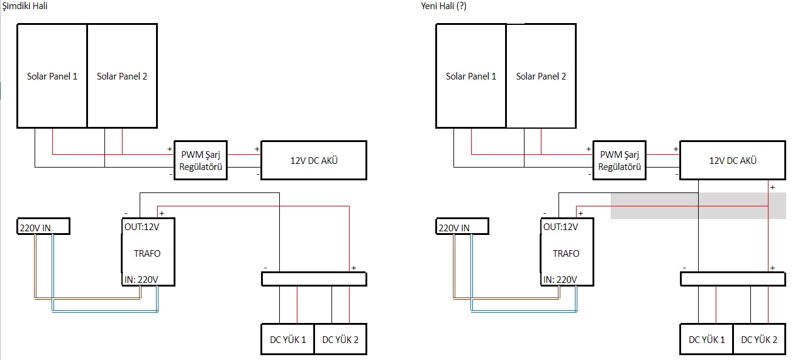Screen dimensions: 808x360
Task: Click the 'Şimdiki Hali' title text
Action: coord(25,6)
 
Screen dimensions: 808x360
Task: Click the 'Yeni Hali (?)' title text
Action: coord(443,6)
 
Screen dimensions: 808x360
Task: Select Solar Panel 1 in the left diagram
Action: coord(52,76)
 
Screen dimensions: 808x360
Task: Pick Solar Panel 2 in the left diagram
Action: coord(122,76)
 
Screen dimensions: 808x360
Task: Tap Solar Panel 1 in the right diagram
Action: coord(471,76)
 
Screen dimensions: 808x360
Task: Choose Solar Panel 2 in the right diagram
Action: coord(541,76)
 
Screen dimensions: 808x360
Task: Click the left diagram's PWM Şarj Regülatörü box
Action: coord(200,160)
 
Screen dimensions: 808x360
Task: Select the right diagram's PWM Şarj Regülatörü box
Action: coord(619,160)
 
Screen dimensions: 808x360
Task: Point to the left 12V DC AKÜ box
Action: coord(314,160)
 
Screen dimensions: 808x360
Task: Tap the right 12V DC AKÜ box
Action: coord(733,160)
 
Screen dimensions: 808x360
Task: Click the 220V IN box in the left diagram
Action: coord(43,226)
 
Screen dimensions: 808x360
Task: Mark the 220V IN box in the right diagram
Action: coord(462,226)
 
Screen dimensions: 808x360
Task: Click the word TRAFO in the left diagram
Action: coord(147,254)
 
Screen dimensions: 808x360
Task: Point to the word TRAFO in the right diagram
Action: coord(566,254)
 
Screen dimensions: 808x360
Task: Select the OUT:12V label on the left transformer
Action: coord(142,227)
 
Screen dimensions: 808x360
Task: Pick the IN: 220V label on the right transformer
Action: coord(560,279)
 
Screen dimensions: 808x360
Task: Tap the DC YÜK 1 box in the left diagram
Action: coord(288,339)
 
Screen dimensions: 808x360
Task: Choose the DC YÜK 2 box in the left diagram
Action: coord(341,339)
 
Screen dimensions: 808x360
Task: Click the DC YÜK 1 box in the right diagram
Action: coord(707,339)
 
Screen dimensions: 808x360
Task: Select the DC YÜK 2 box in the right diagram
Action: coord(759,339)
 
